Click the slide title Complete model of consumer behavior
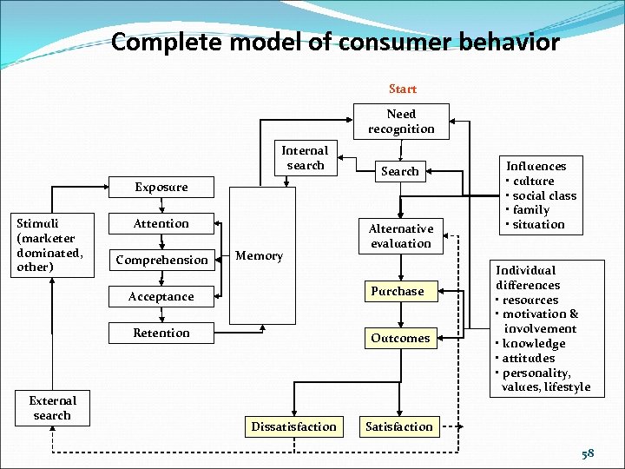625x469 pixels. click(335, 42)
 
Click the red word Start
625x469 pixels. click(402, 89)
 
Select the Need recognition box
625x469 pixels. click(401, 122)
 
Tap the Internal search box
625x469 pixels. click(305, 158)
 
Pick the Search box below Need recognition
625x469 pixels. click(399, 171)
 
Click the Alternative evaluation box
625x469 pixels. click(400, 236)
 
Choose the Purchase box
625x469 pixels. click(398, 292)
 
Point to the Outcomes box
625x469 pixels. click(400, 338)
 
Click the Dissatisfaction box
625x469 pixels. click(293, 426)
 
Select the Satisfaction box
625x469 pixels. click(398, 426)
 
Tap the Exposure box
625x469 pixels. click(161, 187)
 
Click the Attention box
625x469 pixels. click(161, 223)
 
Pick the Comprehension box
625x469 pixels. click(161, 260)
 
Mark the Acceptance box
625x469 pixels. click(161, 296)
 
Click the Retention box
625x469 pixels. click(161, 333)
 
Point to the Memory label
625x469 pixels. click(260, 256)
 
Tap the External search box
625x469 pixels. click(52, 408)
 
